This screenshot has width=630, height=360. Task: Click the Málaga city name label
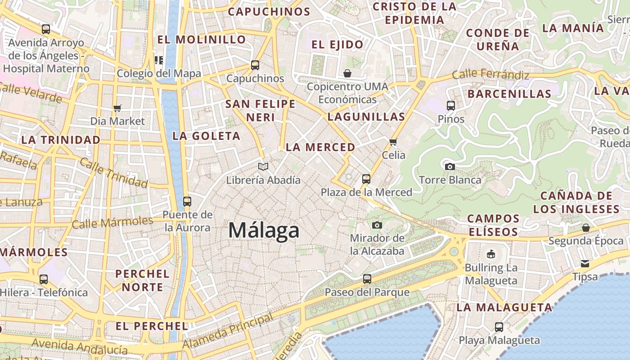point(264,230)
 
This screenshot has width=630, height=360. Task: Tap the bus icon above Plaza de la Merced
point(366,179)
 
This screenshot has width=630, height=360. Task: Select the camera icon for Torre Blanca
point(450,166)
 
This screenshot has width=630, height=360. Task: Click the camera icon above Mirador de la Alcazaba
point(377,225)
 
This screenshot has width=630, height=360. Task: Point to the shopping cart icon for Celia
point(393,142)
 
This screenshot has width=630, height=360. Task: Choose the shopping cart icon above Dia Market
point(117,108)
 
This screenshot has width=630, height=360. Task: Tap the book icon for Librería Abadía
point(263,167)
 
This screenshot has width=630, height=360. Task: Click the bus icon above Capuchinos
point(255,65)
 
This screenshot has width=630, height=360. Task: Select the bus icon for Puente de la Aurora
point(187,202)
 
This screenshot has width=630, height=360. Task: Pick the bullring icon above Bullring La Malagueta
point(491,254)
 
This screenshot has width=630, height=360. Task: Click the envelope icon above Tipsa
point(585,263)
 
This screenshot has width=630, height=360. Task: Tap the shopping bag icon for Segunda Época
point(585,228)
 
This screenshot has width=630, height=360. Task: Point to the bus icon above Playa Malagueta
point(499,327)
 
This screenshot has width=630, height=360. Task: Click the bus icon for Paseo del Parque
point(367,279)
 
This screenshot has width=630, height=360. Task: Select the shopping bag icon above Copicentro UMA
point(347,73)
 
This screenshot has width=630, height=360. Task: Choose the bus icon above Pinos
point(451,106)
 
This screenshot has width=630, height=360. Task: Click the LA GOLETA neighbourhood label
point(207,136)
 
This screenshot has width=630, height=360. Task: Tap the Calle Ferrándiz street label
point(490,74)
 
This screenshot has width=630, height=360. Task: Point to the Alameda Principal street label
point(228,331)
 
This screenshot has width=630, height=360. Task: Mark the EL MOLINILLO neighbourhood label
point(201,40)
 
